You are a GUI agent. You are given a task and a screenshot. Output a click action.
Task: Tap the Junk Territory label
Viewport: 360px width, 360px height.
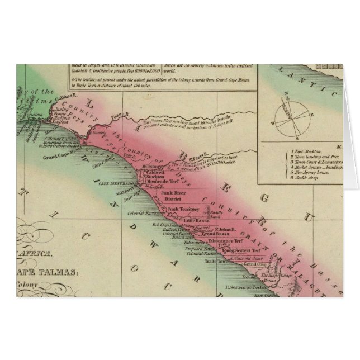183,209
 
